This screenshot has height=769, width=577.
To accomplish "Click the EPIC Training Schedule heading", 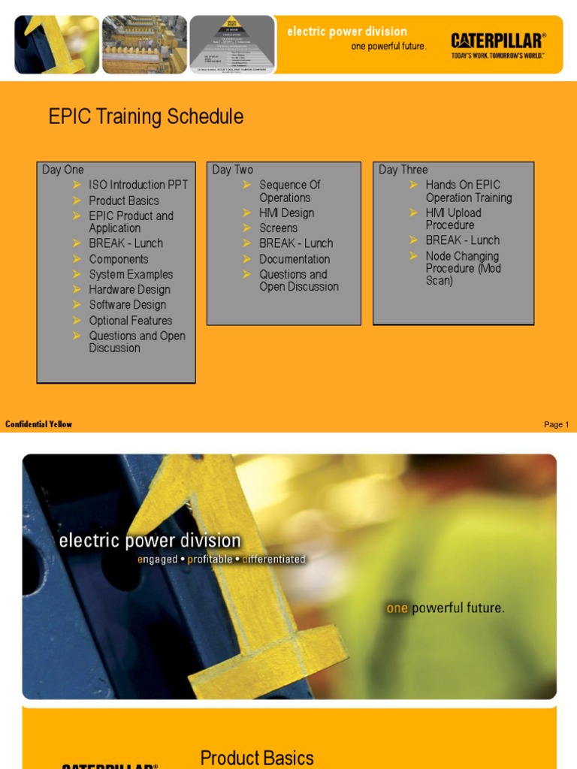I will click(x=146, y=116).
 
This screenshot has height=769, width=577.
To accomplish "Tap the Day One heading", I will click(x=63, y=170).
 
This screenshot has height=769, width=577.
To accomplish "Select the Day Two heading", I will click(x=233, y=170).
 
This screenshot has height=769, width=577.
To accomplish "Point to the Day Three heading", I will click(x=403, y=170).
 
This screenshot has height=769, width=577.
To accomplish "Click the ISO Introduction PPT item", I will click(x=138, y=185).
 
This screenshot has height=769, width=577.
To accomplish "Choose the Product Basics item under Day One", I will click(x=124, y=201).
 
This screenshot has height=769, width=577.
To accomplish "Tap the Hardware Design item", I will click(x=129, y=289).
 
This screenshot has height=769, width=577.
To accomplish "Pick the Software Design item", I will click(x=127, y=304).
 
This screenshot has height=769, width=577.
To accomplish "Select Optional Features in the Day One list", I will click(x=131, y=320).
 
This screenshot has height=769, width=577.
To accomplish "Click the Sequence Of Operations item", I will click(x=289, y=191).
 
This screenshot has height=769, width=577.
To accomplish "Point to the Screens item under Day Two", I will click(x=278, y=228).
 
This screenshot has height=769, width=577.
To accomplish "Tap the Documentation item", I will click(x=295, y=258).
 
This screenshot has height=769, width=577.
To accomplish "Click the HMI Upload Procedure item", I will click(x=453, y=219).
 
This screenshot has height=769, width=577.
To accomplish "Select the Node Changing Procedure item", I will click(x=462, y=268).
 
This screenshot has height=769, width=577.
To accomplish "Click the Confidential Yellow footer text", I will click(x=38, y=424).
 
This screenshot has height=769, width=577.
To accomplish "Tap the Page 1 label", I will click(x=556, y=424).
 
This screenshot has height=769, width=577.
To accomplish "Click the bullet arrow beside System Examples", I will click(x=77, y=274).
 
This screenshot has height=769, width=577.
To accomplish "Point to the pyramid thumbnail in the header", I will click(x=232, y=44).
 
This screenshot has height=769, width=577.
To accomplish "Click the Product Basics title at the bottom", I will click(x=257, y=758).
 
